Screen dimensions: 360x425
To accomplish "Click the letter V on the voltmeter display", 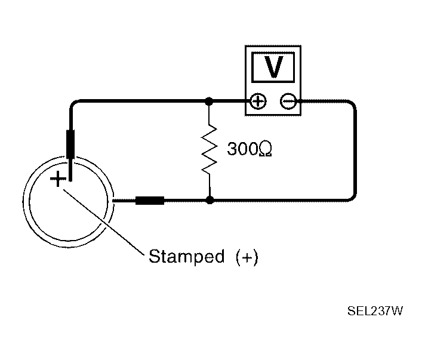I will click(x=273, y=68).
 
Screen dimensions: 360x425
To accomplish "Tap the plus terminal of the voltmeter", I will click(x=258, y=102).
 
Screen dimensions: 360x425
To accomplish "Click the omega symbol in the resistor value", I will click(x=266, y=150).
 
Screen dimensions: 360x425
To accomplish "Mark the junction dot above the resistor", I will click(x=209, y=102).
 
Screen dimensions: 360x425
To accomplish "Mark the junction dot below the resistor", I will click(x=209, y=201).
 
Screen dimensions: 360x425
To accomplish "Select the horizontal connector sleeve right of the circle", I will click(x=150, y=201).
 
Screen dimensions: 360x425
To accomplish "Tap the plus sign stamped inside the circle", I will click(x=57, y=179).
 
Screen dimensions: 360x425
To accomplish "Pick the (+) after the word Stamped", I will click(x=247, y=257).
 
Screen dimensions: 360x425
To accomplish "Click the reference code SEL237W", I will click(x=375, y=311).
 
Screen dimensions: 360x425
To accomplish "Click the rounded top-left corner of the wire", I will click(x=73, y=105).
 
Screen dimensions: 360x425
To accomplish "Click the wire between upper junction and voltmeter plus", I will click(x=230, y=102).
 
